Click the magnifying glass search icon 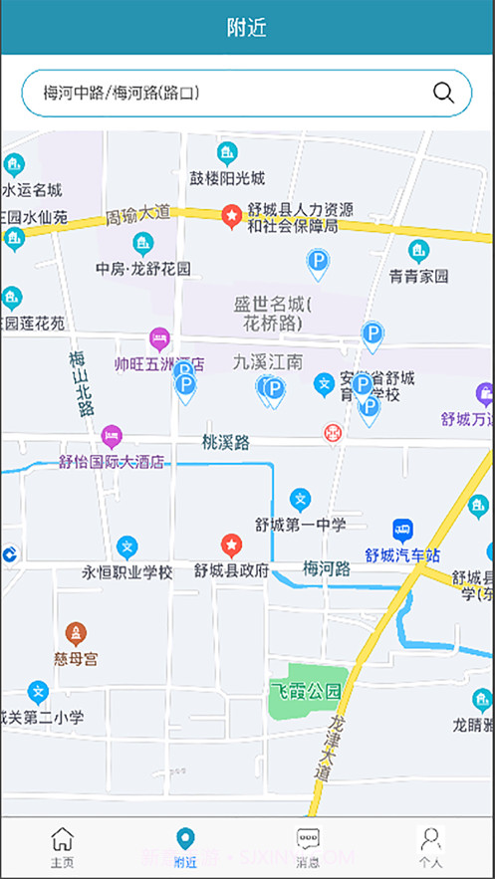coord(443,94)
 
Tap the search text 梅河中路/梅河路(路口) coord(122,94)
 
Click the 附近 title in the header coord(246,28)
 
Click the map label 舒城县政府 coord(232,571)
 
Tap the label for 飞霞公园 coord(305,690)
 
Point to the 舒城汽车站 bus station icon coord(403,529)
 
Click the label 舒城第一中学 coord(300,525)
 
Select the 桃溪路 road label coord(225,441)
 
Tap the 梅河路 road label coord(327,569)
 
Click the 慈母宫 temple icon coord(76,633)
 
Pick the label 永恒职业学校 coord(127,572)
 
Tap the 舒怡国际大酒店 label coord(112,462)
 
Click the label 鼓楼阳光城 coord(227,178)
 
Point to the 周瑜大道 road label coord(138,214)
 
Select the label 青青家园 coord(418,277)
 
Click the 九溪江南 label coord(268,361)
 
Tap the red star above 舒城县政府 coord(231,545)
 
